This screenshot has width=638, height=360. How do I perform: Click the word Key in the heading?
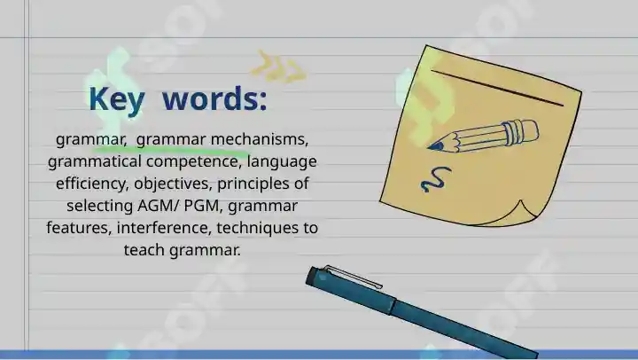tap(117, 99)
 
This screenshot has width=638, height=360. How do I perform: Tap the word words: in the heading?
tap(214, 98)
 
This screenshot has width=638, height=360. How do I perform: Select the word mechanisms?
tap(260, 139)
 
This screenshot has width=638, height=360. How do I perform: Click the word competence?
tap(192, 161)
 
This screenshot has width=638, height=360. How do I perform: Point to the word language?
tap(282, 161)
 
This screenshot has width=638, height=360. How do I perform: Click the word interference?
tap(165, 227)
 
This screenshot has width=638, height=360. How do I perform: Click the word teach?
tap(144, 250)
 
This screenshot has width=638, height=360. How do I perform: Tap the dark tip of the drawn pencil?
tap(435, 146)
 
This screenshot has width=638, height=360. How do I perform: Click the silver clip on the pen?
tap(353, 277)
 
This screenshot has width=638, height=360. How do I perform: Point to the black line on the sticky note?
tap(498, 88)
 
